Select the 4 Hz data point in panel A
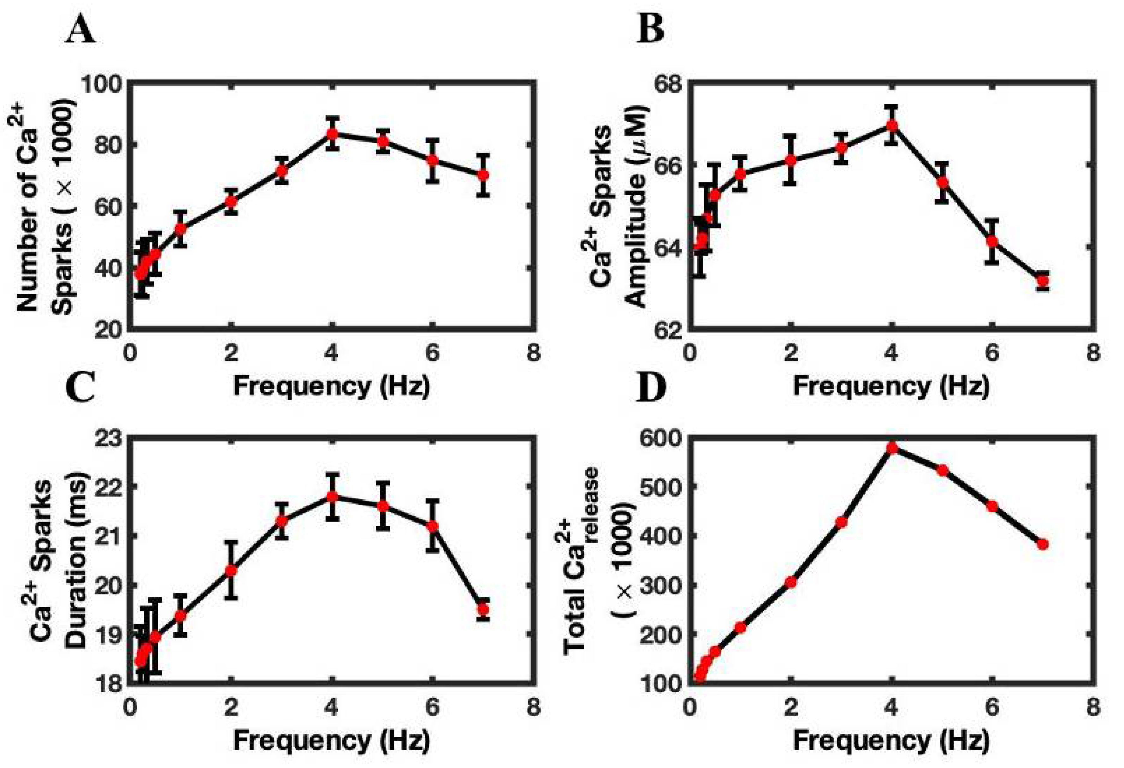(332, 134)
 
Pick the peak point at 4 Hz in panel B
(892, 125)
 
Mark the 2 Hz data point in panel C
(231, 571)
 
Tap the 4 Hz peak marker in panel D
(892, 448)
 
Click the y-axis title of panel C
(65, 564)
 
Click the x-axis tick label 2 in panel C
(231, 707)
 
